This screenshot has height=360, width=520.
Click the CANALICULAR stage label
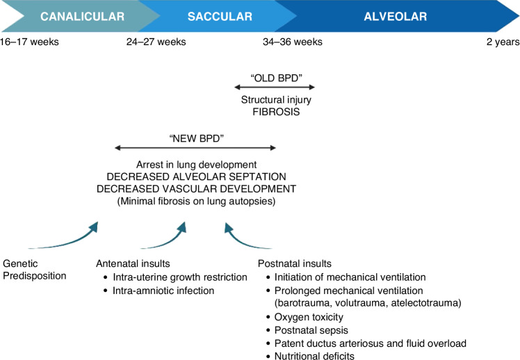coord(82,16)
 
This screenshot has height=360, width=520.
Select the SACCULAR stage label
coord(220,16)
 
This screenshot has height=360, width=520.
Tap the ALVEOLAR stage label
coord(396,16)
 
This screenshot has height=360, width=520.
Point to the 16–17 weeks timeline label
coord(29,42)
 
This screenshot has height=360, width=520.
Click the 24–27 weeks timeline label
coord(156,42)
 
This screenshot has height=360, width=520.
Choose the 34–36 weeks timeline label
coord(293,42)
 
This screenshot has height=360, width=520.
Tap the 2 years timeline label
coord(503,42)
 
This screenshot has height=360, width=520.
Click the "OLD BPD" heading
coord(276,78)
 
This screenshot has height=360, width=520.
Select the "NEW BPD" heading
coord(196,138)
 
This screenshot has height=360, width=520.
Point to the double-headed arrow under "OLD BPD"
coord(275,87)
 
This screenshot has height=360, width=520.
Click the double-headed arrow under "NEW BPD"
coord(195,148)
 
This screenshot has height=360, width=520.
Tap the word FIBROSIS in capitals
coord(276,112)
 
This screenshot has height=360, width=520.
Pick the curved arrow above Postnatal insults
coord(241,241)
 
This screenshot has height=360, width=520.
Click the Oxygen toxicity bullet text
coord(309,317)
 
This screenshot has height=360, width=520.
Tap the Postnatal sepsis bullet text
coord(311,330)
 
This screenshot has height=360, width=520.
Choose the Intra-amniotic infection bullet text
coord(163,291)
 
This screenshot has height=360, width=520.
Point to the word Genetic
coord(20,263)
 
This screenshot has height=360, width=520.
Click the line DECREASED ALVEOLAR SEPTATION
coord(196,177)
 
